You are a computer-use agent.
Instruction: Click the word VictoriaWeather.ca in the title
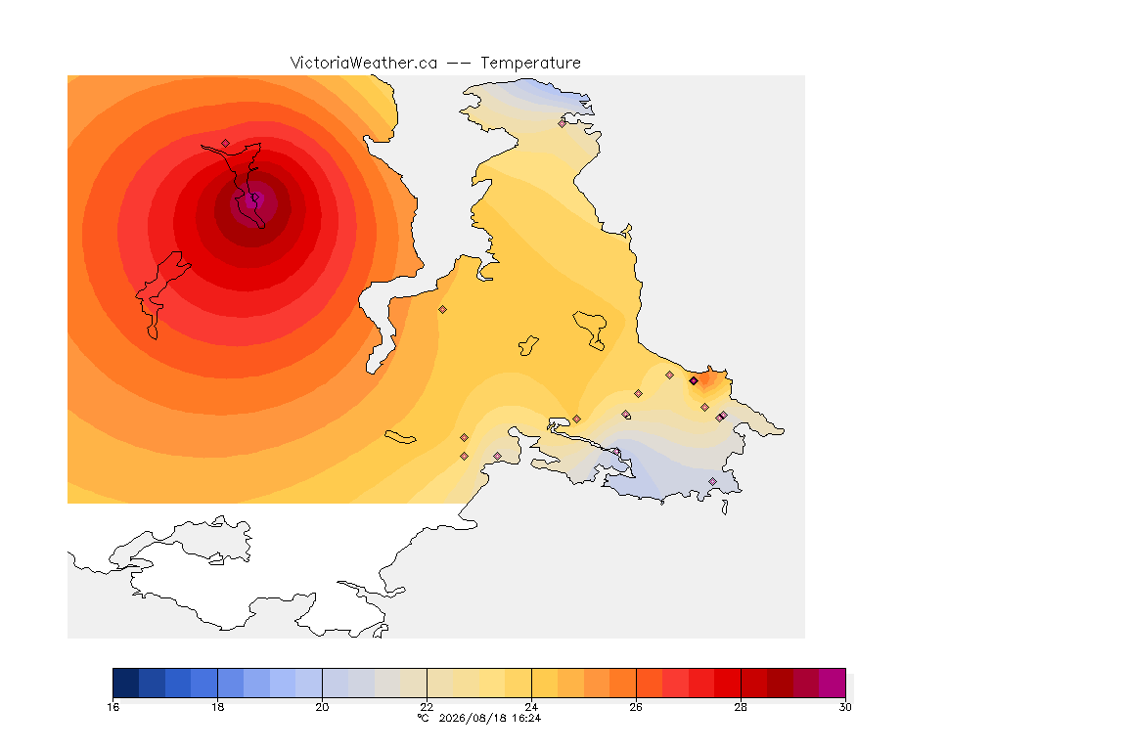click(364, 64)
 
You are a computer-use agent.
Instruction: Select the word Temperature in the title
click(530, 64)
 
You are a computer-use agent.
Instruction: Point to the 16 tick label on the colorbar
click(113, 707)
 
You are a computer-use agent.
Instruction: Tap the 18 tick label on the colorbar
click(218, 707)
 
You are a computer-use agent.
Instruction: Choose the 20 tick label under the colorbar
click(322, 707)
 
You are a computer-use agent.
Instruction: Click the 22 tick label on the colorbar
click(427, 707)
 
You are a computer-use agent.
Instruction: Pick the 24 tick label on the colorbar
click(531, 707)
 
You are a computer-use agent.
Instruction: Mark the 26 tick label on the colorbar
click(636, 707)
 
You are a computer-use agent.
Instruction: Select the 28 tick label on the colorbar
click(741, 707)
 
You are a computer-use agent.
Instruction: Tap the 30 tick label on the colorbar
click(845, 707)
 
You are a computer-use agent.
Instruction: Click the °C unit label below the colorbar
click(424, 718)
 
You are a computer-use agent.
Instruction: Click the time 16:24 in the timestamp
click(526, 718)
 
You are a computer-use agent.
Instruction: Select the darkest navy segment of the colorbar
click(126, 683)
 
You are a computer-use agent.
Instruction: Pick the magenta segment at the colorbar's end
click(833, 683)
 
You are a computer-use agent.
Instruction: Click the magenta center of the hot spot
click(251, 202)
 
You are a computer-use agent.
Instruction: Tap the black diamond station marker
click(694, 381)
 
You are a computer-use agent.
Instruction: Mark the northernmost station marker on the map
click(563, 123)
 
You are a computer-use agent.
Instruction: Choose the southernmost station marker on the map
click(712, 481)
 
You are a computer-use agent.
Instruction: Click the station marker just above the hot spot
click(226, 143)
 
